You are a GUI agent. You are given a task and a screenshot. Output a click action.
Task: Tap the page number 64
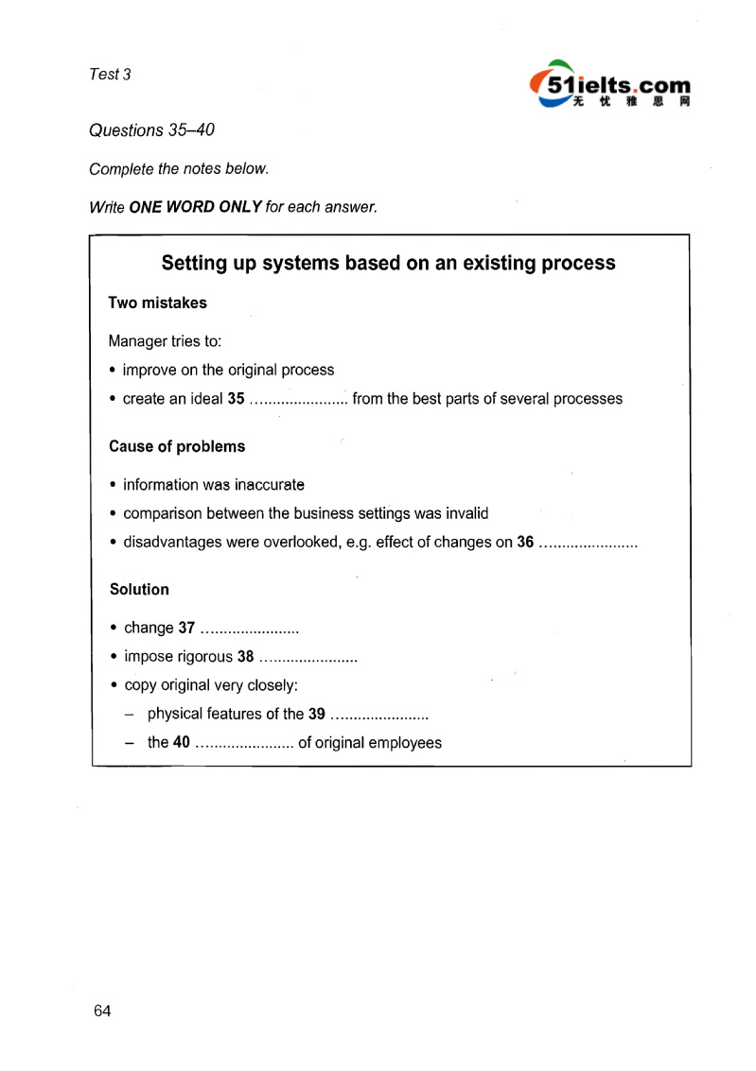coord(102,1011)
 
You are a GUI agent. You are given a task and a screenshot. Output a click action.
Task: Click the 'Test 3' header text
coord(110,75)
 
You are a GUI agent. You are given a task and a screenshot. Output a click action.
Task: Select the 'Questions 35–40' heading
coord(151,130)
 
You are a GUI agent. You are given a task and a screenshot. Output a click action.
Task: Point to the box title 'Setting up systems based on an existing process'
coord(388,263)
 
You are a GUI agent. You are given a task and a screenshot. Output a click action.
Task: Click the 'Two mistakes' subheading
coord(157,303)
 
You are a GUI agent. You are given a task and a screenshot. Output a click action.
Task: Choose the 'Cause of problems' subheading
coord(177,446)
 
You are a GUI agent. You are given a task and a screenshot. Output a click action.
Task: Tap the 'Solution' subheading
coord(139,589)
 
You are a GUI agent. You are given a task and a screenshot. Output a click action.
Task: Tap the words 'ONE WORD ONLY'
coord(196,207)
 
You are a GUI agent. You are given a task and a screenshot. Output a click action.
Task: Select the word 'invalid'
coord(465,513)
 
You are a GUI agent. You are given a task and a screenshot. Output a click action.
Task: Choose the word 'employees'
coord(405,743)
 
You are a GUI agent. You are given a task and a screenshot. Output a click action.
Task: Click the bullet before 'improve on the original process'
coord(114,370)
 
